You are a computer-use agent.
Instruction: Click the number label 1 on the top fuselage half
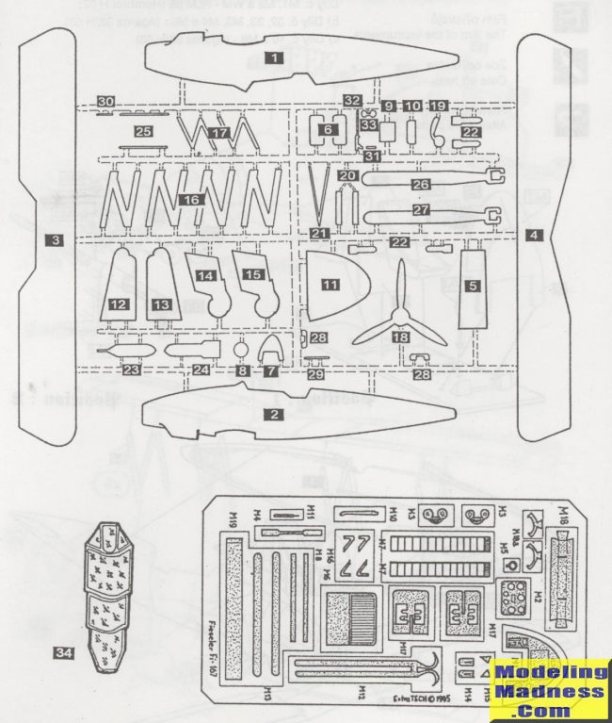(274, 58)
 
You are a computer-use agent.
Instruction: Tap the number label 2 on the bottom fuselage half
(274, 413)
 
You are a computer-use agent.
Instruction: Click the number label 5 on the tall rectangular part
(474, 286)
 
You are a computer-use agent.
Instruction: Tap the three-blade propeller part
(400, 312)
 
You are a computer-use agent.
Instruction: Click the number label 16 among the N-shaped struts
(191, 201)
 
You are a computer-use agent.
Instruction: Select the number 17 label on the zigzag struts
(219, 134)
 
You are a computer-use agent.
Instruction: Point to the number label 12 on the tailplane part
(119, 304)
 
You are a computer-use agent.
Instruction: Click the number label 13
(162, 304)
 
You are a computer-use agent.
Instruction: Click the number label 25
(143, 131)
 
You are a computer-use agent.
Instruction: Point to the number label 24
(201, 370)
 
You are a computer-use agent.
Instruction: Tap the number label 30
(105, 103)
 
